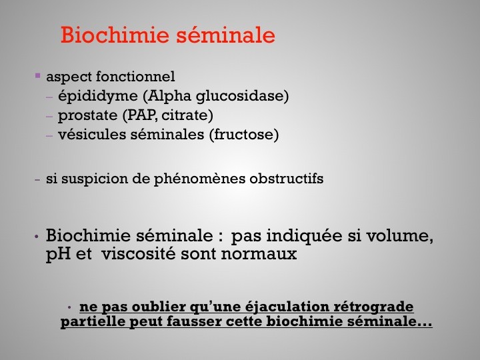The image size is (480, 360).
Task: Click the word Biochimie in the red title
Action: coord(115,35)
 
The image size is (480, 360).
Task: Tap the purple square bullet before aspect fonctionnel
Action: coord(37,75)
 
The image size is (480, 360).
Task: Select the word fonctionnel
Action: coord(135,76)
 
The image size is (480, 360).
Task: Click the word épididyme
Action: coord(98,96)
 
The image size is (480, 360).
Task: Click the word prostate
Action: coord(87,116)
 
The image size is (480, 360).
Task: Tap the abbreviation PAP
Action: coord(141,115)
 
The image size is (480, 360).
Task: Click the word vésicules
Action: coord(92,135)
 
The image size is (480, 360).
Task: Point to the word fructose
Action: coord(244,135)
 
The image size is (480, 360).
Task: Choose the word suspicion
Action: coord(95,179)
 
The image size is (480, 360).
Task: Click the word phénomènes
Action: coord(199,179)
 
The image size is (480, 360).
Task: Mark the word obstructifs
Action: coord(287,179)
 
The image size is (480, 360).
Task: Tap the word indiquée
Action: coord(305,236)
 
